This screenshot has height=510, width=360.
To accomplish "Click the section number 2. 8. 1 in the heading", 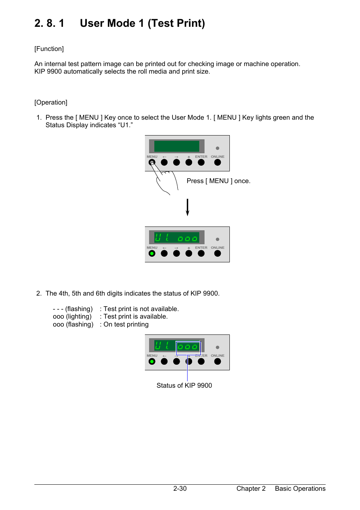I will tap(49, 23).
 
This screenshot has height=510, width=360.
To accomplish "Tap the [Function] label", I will tap(49, 49).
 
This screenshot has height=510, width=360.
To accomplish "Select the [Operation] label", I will tap(51, 102).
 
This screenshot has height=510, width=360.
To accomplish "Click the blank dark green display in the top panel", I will tap(177, 146).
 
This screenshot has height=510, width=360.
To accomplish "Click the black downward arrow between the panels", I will tap(187, 207).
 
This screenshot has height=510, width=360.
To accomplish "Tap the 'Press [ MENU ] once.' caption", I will tap(218, 181).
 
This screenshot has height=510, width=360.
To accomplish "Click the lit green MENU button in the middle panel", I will tap(152, 253).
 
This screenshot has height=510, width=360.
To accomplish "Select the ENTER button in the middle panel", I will tap(201, 253).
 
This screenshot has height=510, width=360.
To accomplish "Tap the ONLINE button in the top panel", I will tap(217, 162).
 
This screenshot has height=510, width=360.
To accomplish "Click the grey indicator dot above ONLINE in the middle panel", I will tap(217, 239).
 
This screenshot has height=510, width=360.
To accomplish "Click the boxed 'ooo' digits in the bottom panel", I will tap(188, 347).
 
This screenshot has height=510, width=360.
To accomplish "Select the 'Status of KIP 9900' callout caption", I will tap(184, 385).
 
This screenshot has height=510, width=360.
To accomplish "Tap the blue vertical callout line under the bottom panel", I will tap(187, 372).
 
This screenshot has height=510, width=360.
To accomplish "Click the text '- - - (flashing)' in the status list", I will tap(73, 309).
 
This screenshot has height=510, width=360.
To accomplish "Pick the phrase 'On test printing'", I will tap(126, 324).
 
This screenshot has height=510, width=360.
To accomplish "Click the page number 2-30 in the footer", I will tap(180, 488).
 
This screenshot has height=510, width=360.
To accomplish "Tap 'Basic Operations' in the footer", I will tap(300, 488).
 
